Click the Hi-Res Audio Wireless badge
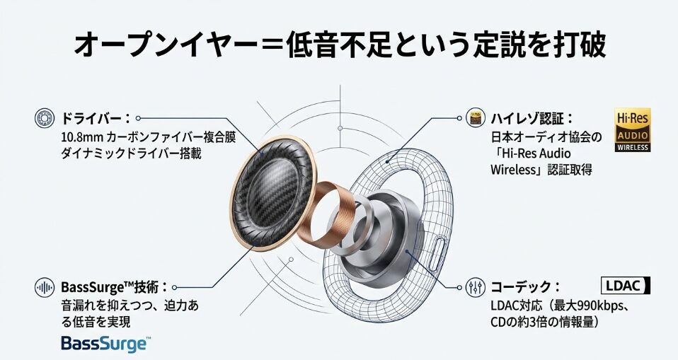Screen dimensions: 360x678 tap(632, 130)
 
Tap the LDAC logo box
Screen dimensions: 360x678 tap(625, 286)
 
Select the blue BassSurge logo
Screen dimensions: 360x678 tap(105, 344)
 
